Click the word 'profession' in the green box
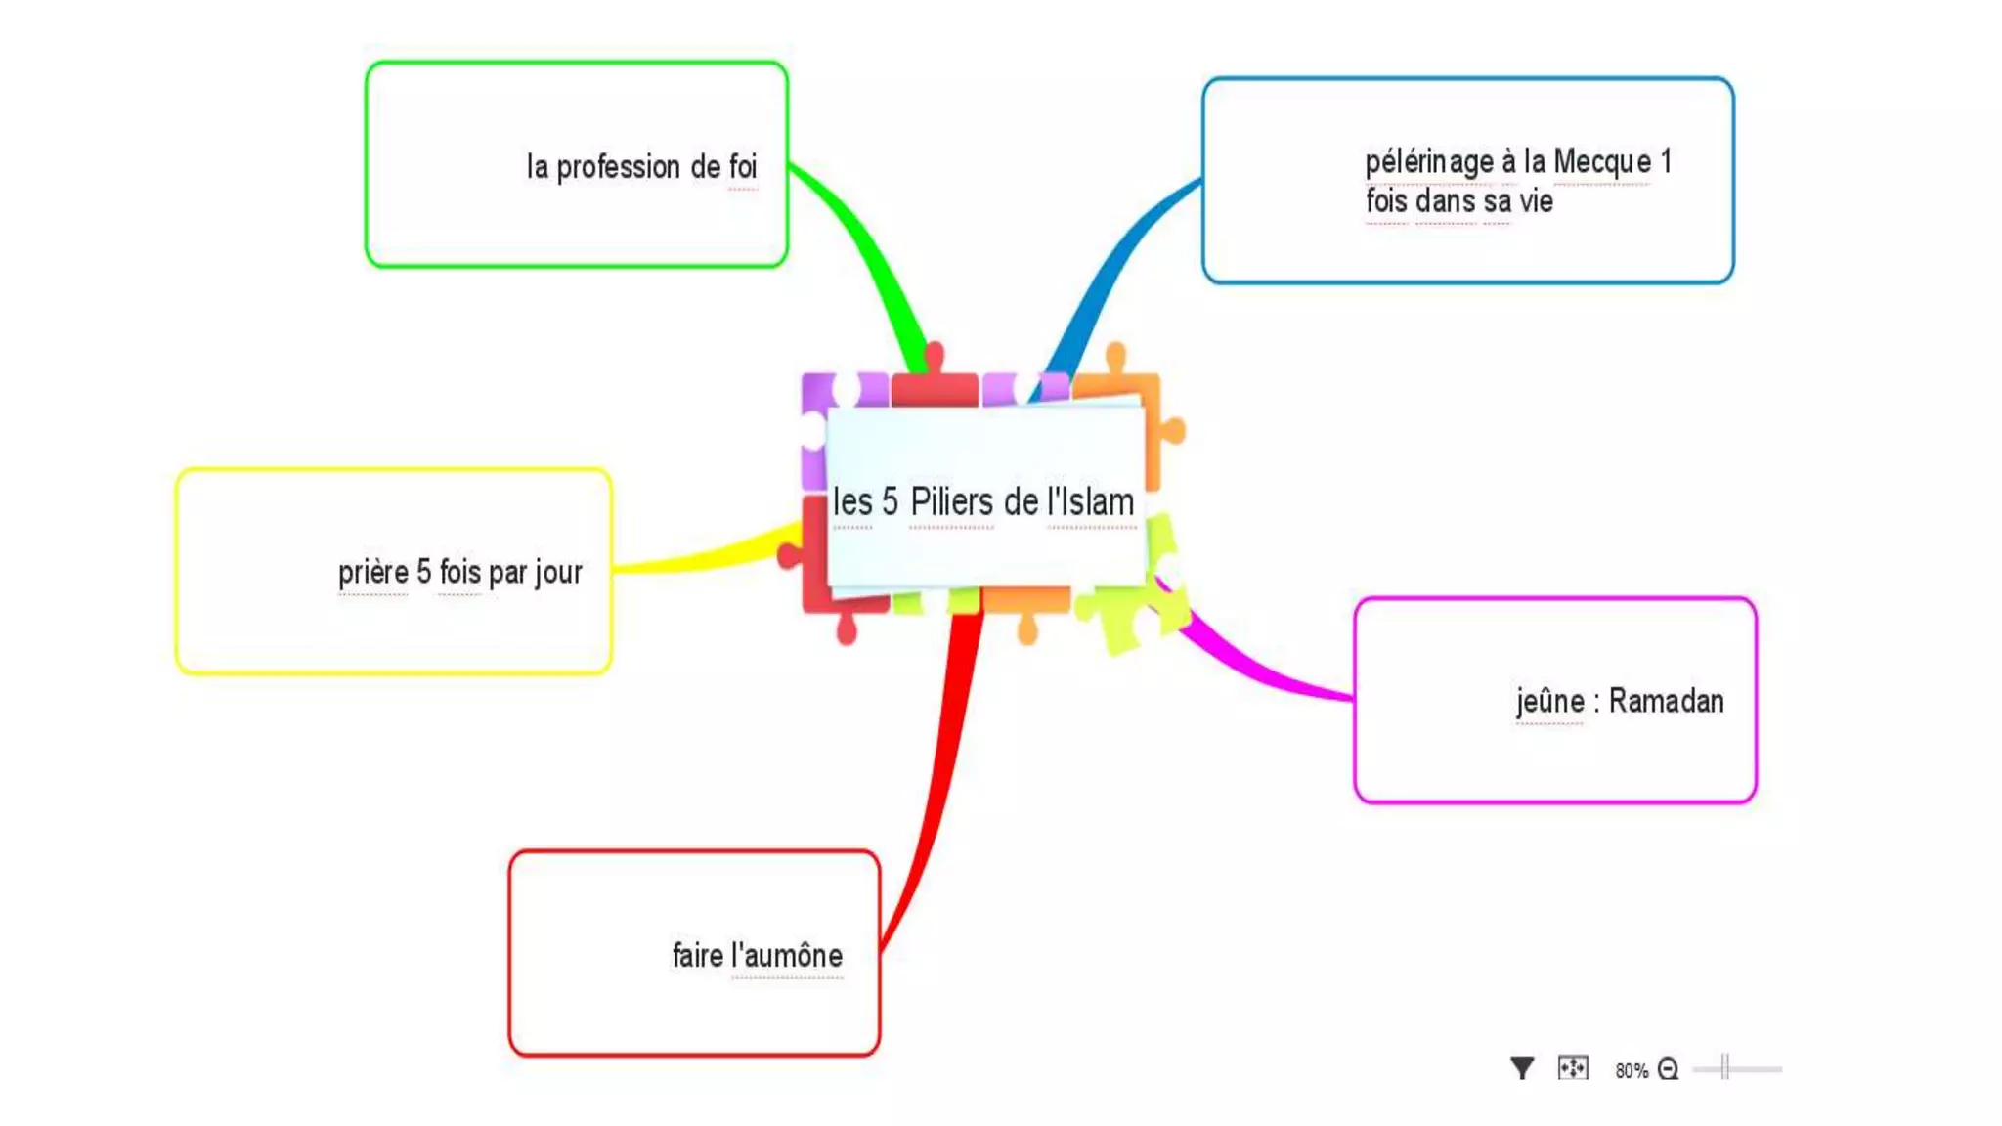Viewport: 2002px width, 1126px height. (618, 167)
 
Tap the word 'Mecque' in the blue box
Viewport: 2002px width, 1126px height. (1602, 161)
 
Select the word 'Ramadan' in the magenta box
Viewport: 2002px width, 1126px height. (1666, 701)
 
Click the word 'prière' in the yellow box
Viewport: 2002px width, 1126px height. (373, 572)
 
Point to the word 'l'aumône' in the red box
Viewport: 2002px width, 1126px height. (787, 955)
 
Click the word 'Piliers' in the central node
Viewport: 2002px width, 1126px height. (951, 501)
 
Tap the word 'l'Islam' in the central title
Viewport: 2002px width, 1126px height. (1091, 501)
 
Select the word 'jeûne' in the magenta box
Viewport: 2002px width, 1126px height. (1549, 701)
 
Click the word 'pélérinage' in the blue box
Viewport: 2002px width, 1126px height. (1428, 161)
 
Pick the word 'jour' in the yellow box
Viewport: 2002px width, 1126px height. (558, 572)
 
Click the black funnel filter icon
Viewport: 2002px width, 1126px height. (1521, 1068)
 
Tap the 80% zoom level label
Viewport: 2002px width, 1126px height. (1631, 1070)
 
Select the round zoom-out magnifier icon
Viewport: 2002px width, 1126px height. (1668, 1069)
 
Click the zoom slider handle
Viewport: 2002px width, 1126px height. (1725, 1067)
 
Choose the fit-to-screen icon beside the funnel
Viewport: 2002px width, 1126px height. (1573, 1067)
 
